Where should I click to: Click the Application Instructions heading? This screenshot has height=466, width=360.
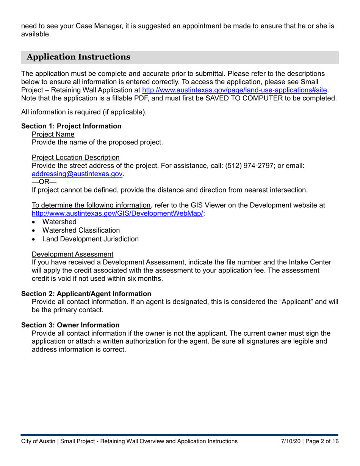[79, 57]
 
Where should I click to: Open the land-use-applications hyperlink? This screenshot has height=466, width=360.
[234, 91]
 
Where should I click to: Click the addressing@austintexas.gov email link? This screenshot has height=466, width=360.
[78, 174]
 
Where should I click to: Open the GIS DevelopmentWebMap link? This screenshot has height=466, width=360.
[118, 213]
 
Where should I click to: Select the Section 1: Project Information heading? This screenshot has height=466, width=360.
[71, 126]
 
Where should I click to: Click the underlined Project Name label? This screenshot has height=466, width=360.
[53, 134]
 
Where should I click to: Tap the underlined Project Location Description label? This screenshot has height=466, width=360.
[76, 157]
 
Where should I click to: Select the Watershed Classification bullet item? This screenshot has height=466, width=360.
[81, 230]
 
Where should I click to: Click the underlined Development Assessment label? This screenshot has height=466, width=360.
[72, 254]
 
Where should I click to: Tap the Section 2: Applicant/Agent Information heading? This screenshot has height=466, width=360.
[86, 294]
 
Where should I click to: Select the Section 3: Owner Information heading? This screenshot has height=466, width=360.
[70, 325]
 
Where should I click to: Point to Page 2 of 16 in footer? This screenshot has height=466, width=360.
[322, 441]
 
